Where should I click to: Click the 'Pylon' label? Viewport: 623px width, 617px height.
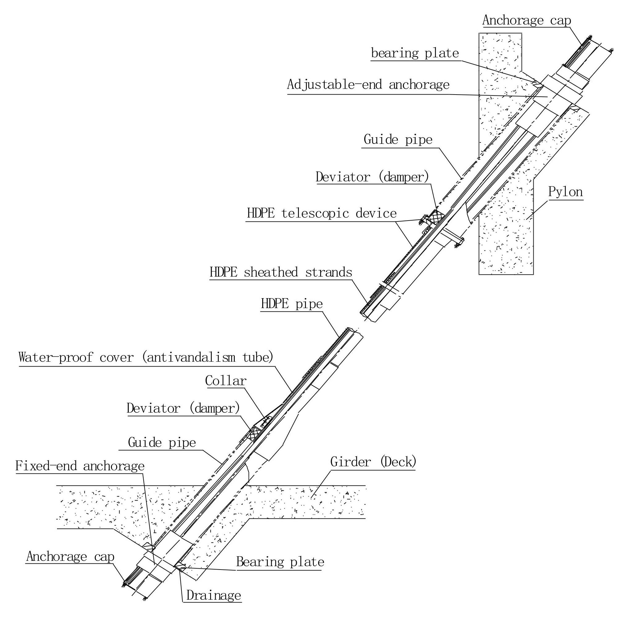pyautogui.click(x=565, y=193)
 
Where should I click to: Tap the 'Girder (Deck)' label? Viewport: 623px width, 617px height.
pyautogui.click(x=373, y=462)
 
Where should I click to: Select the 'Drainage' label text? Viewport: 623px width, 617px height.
pyautogui.click(x=214, y=595)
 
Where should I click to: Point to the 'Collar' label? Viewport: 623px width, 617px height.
pyautogui.click(x=226, y=381)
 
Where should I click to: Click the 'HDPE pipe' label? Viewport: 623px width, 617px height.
pyautogui.click(x=291, y=304)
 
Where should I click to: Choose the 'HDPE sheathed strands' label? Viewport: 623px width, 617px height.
pyautogui.click(x=281, y=272)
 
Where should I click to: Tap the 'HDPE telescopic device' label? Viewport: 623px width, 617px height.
pyautogui.click(x=321, y=213)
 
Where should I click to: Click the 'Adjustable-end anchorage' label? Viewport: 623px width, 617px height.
pyautogui.click(x=368, y=85)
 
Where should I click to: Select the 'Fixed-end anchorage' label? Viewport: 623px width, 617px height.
pyautogui.click(x=80, y=466)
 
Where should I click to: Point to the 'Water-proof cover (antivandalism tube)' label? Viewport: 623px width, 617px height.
pyautogui.click(x=146, y=358)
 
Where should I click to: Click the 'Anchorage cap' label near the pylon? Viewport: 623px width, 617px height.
pyautogui.click(x=527, y=20)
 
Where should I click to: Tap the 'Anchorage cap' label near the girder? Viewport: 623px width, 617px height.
pyautogui.click(x=70, y=557)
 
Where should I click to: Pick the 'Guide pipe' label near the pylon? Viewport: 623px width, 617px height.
pyautogui.click(x=398, y=140)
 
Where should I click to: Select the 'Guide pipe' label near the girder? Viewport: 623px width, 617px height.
pyautogui.click(x=162, y=442)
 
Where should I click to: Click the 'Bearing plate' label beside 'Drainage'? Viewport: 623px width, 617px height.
pyautogui.click(x=280, y=562)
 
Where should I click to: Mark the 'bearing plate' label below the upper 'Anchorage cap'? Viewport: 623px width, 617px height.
pyautogui.click(x=415, y=53)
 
